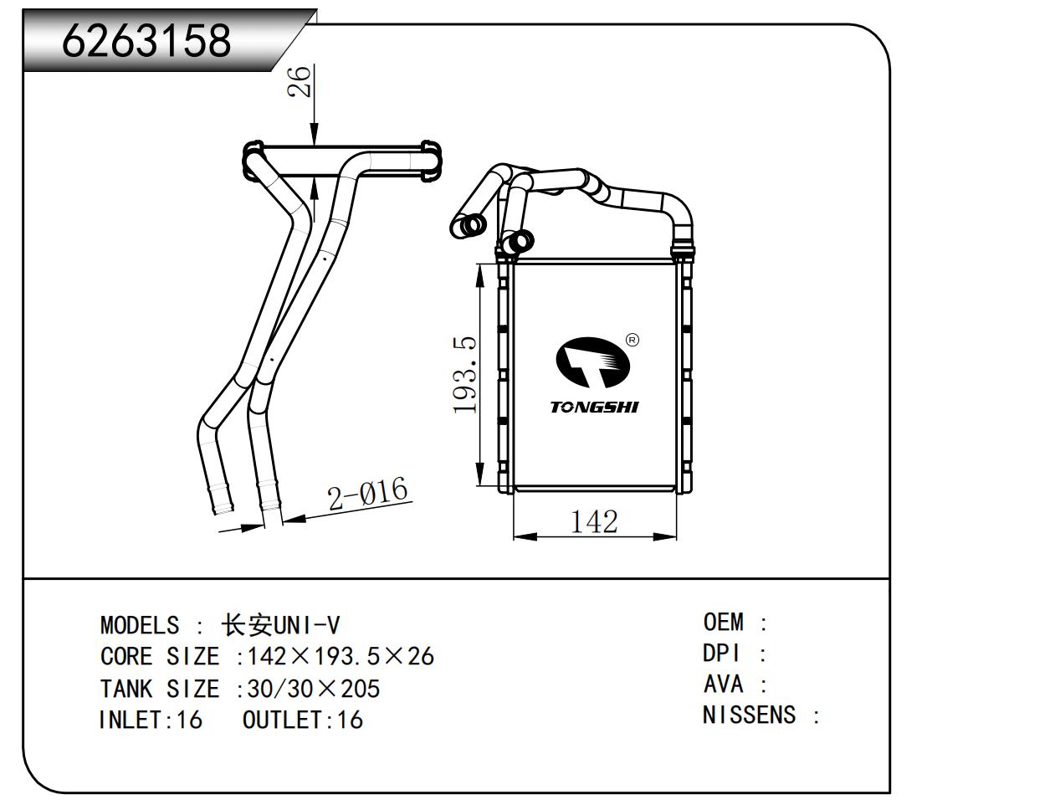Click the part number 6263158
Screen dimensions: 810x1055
(x=146, y=39)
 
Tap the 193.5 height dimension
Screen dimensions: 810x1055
(x=465, y=375)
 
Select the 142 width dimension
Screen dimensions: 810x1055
(x=593, y=521)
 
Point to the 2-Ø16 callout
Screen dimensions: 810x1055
(x=368, y=494)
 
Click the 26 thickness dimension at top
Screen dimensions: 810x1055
(x=300, y=82)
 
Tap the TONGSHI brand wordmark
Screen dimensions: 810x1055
(x=594, y=408)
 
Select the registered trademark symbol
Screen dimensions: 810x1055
(x=632, y=340)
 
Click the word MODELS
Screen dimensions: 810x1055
(x=139, y=625)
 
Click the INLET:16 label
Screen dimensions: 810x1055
(x=151, y=720)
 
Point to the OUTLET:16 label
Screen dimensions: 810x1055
(x=303, y=720)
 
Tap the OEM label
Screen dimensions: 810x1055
(x=723, y=623)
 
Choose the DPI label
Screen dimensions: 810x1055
(x=722, y=654)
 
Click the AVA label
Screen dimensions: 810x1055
(x=723, y=684)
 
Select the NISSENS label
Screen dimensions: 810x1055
(x=749, y=715)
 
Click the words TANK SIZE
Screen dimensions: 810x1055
(x=160, y=689)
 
